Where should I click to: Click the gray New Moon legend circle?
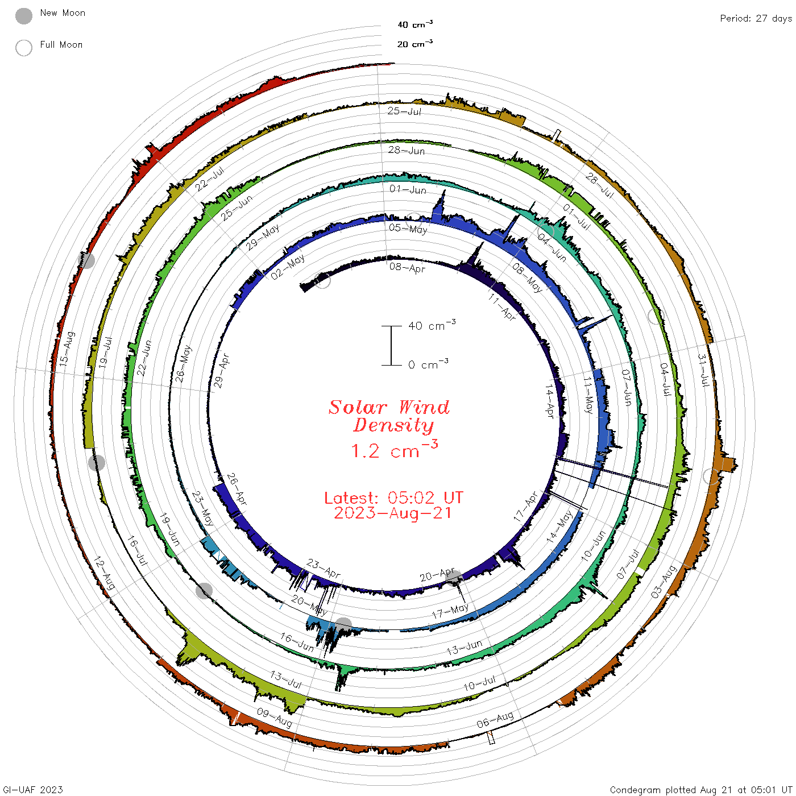(23, 16)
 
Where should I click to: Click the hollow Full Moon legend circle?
(23, 48)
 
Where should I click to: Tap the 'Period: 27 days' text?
(756, 19)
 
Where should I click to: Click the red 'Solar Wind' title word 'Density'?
(393, 425)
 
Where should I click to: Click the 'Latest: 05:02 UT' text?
(393, 498)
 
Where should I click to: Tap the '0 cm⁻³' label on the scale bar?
(428, 364)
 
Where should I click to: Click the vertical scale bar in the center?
(391, 345)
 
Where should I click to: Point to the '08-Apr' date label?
(407, 268)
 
